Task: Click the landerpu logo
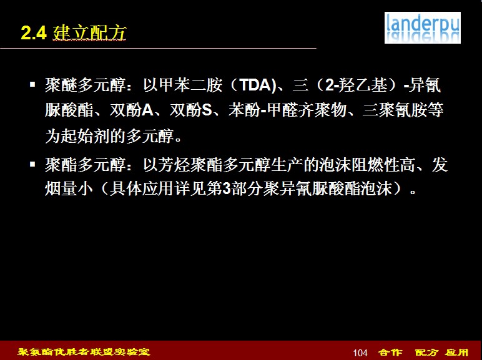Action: [422, 27]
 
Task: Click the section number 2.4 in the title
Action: [34, 32]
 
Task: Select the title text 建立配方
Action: [89, 32]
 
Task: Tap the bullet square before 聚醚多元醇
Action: [32, 84]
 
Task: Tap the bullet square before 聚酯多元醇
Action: [32, 164]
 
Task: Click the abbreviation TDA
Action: [254, 85]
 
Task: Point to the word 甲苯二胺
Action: [190, 85]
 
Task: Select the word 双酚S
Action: [191, 110]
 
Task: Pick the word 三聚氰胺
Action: [395, 110]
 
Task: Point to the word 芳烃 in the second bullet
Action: [174, 165]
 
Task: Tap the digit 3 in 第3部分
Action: [227, 189]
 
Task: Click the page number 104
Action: [360, 353]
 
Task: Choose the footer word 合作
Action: [390, 352]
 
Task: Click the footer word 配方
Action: [426, 352]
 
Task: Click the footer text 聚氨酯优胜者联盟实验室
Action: [84, 351]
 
